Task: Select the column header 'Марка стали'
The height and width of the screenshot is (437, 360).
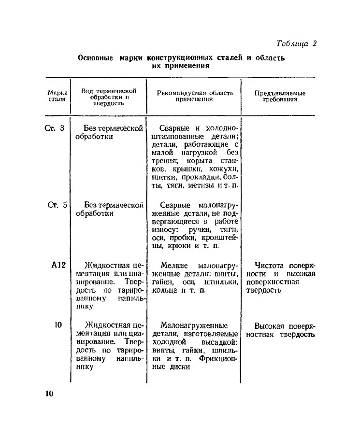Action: click(57, 96)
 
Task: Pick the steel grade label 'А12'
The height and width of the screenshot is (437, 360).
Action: click(58, 265)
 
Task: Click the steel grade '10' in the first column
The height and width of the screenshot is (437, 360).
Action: click(58, 325)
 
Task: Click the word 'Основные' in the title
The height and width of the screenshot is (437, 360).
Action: click(96, 58)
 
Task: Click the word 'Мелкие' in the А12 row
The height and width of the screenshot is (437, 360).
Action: click(175, 265)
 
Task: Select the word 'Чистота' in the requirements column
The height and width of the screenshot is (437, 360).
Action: click(269, 265)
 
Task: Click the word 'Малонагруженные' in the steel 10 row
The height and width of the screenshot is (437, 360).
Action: click(194, 325)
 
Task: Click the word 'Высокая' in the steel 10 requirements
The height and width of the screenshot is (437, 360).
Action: click(270, 325)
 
